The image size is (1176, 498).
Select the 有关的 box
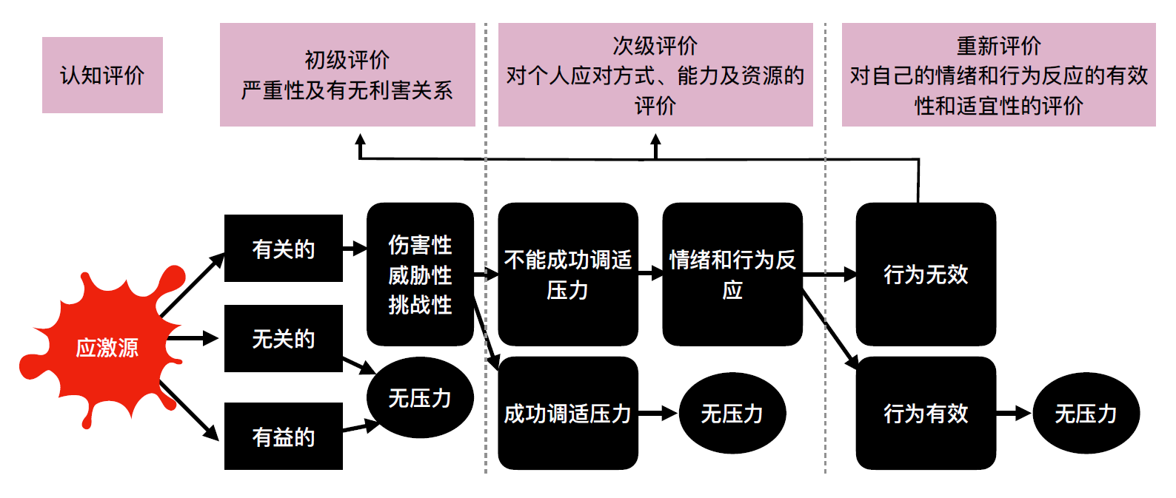coord(283,249)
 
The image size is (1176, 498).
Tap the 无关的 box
coord(283,338)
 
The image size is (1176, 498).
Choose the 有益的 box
coord(283,437)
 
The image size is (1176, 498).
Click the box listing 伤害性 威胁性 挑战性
coord(420,275)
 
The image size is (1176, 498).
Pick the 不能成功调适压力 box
coord(567,275)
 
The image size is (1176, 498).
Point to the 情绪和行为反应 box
coord(732,275)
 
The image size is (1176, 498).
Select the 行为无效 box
coord(926,275)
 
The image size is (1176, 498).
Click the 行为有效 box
coord(926,413)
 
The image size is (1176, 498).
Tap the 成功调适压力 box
coord(567,413)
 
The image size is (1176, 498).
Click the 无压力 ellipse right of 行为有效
coord(1086,413)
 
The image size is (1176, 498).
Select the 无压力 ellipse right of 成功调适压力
coord(732,413)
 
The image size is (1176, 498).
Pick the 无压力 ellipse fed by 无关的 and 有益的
coord(420,398)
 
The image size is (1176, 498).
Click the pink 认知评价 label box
coord(102,75)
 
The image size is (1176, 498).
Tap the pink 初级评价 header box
coord(347,75)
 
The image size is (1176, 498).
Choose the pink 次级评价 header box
coord(655,75)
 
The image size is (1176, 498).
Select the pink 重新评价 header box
coord(998,75)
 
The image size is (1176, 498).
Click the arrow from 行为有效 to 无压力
coord(1014,413)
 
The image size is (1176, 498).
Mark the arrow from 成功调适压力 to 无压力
coord(658,413)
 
